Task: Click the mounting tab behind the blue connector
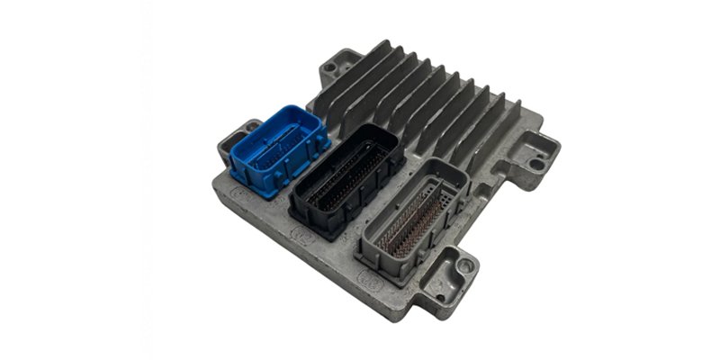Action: [237, 132]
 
